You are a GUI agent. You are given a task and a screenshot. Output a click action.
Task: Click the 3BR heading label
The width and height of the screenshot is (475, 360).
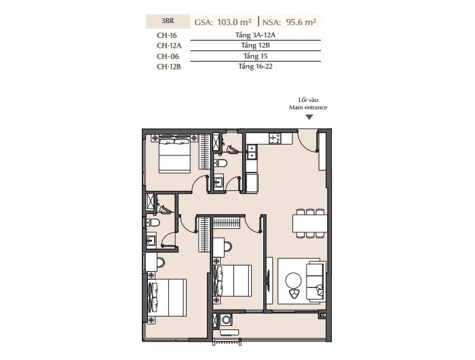[168, 21]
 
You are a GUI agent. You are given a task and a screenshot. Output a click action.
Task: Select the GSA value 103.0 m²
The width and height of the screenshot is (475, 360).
[234, 22]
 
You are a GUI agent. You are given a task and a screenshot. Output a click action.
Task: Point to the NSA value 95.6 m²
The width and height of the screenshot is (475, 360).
[301, 22]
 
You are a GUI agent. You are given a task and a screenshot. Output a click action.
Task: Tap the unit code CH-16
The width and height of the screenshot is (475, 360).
[167, 35]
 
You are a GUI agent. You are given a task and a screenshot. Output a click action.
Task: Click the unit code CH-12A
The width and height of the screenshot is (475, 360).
[169, 46]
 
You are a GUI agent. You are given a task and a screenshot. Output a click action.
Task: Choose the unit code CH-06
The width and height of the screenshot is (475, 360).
[168, 56]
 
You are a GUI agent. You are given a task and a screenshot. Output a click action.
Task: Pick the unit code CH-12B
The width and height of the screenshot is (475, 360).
[169, 67]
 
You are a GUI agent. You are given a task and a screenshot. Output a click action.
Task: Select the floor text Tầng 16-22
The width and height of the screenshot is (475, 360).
[255, 67]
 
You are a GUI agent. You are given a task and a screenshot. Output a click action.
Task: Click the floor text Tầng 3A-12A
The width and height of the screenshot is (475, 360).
[255, 35]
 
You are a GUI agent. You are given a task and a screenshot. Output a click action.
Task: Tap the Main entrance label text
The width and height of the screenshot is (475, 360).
[308, 107]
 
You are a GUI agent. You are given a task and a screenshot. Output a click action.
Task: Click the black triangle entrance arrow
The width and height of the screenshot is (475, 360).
[309, 117]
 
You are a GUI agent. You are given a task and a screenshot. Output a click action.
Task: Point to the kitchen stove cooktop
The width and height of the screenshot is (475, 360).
[275, 139]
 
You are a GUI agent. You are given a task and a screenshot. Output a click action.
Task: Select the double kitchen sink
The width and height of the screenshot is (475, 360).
[252, 152]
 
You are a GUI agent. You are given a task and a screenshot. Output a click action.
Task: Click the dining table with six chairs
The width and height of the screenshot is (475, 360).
[310, 223]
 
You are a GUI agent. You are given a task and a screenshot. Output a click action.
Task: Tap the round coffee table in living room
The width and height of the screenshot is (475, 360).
[293, 281]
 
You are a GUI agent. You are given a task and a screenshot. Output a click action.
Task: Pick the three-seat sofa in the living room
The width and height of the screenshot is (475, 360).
[316, 282]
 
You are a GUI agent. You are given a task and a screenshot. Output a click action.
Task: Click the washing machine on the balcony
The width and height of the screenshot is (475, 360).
[226, 320]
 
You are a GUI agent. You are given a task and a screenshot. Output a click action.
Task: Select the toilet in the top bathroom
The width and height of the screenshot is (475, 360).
[221, 163]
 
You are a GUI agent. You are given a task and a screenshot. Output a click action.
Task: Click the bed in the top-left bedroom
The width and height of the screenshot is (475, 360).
[174, 154]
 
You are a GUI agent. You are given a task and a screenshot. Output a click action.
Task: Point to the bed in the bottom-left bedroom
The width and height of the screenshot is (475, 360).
[167, 298]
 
